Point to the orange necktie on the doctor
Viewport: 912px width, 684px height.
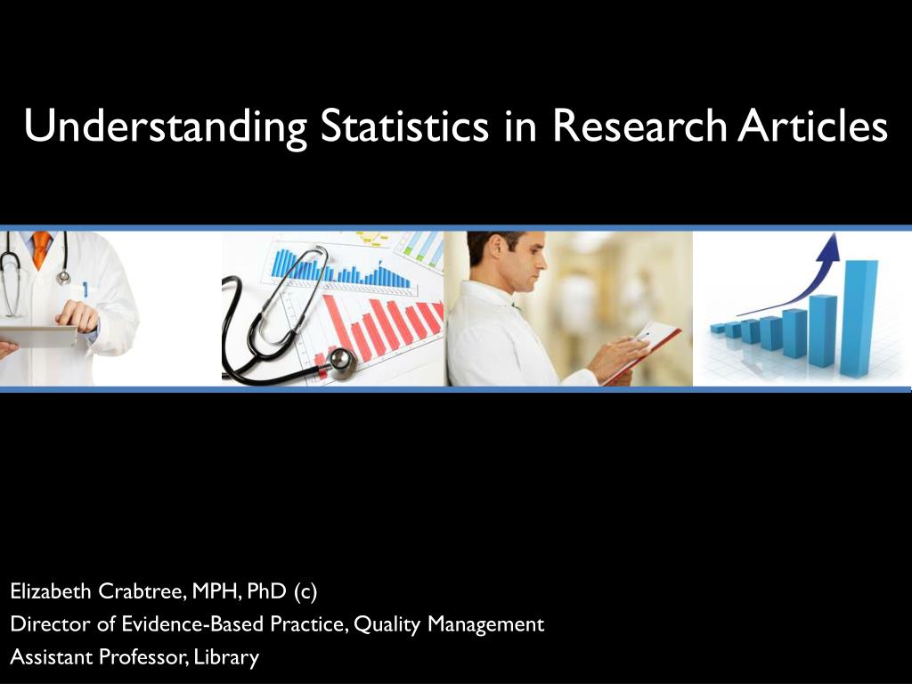coord(41,249)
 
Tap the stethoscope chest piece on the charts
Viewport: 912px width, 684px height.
coord(340,362)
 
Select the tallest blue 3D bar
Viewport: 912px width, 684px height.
coord(859,317)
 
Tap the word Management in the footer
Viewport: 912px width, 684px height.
coord(485,625)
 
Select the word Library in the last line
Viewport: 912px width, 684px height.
coord(227,658)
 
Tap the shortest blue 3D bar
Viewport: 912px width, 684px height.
coord(717,329)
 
